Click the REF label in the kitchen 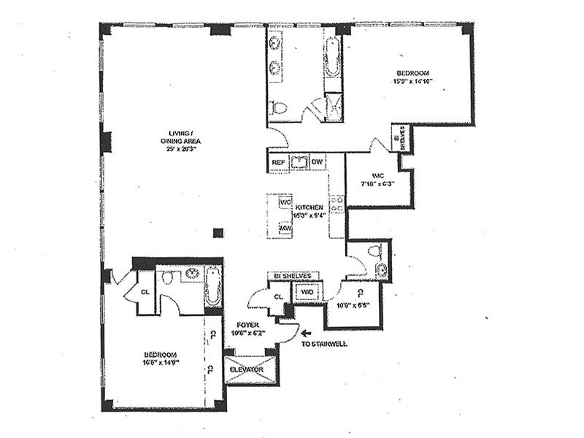(278, 162)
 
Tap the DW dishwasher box (317, 162)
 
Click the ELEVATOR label (246, 370)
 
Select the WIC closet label (377, 176)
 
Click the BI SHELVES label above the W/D (294, 276)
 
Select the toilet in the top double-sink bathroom (278, 109)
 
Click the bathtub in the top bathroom (333, 58)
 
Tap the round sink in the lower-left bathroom (192, 274)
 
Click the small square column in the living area (217, 233)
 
